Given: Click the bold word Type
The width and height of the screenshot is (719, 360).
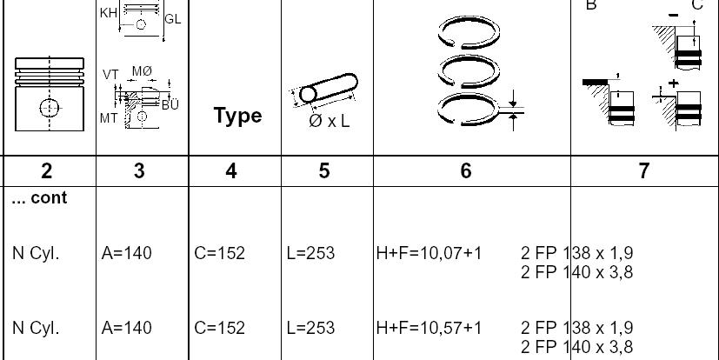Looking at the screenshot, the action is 238,116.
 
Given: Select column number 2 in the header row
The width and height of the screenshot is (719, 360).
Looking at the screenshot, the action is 46,171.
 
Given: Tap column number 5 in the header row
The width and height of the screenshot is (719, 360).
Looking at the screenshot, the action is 323,171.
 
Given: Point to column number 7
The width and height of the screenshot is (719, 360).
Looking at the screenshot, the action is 644,171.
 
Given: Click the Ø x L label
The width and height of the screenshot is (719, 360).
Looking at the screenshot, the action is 330,121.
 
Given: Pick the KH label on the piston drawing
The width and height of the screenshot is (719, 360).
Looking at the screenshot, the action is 109,13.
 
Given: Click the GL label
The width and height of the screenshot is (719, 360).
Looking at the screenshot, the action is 173,19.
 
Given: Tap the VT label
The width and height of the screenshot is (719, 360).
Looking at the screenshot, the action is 110,75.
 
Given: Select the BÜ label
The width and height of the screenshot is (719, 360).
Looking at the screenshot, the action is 170,104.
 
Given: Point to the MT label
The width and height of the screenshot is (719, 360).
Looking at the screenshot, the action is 109,118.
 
